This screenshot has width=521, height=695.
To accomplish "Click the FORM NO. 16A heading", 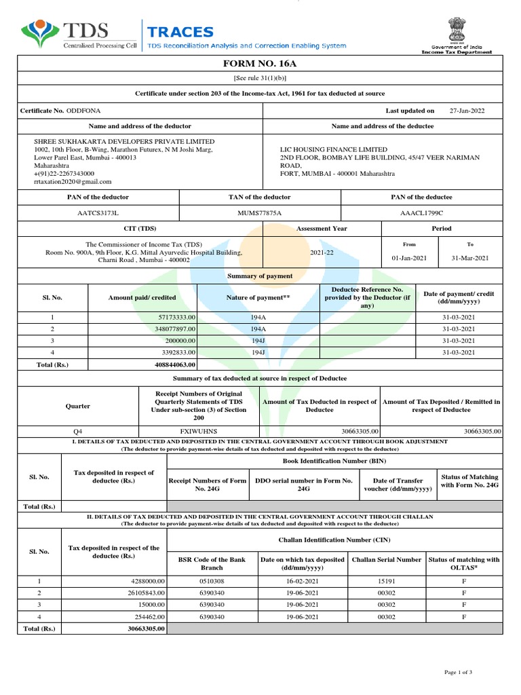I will click(260, 63).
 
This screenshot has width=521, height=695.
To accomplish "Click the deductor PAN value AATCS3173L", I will click(98, 213).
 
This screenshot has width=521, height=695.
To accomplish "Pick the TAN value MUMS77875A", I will click(259, 213).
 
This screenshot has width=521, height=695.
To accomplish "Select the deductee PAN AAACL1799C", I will click(421, 213).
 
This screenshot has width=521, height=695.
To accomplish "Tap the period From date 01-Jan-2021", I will click(409, 258).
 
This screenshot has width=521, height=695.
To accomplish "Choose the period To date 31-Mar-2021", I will click(471, 258).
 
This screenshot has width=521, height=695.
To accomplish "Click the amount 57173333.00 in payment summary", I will click(176, 317).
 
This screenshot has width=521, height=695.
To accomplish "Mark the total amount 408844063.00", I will click(175, 364).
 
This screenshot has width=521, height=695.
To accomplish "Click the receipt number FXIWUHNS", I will click(199, 431).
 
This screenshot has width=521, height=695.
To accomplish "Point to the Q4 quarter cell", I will click(78, 431).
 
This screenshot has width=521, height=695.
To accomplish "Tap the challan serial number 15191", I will click(386, 581).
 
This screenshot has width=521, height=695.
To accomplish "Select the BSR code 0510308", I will click(212, 581).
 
